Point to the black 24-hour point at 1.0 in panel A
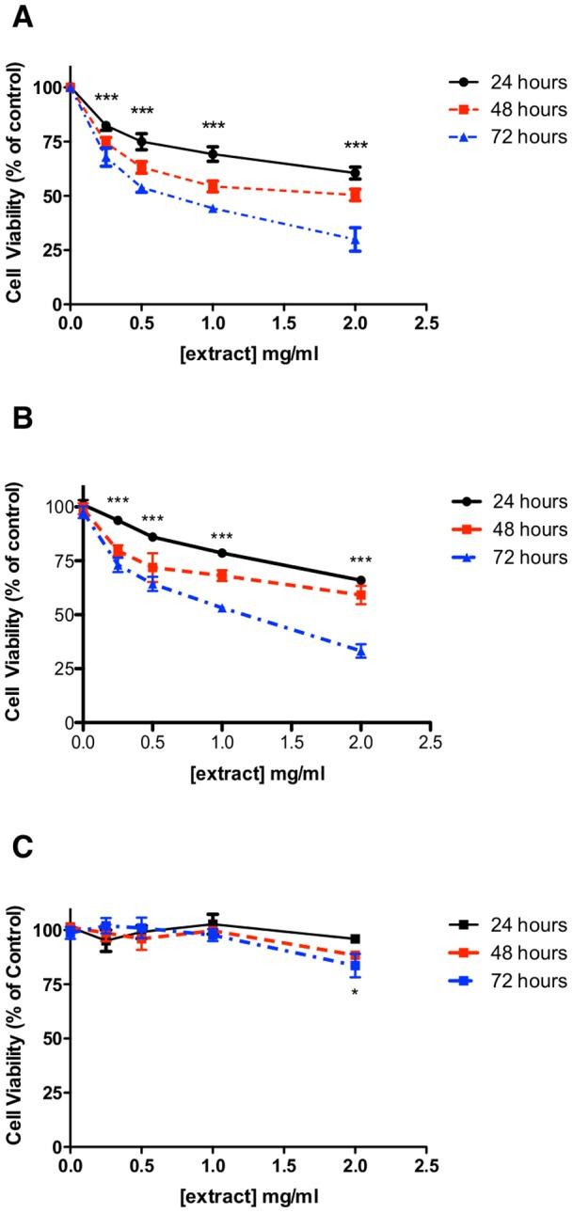click(213, 154)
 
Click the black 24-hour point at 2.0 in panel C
click(355, 938)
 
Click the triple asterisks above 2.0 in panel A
click(356, 147)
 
